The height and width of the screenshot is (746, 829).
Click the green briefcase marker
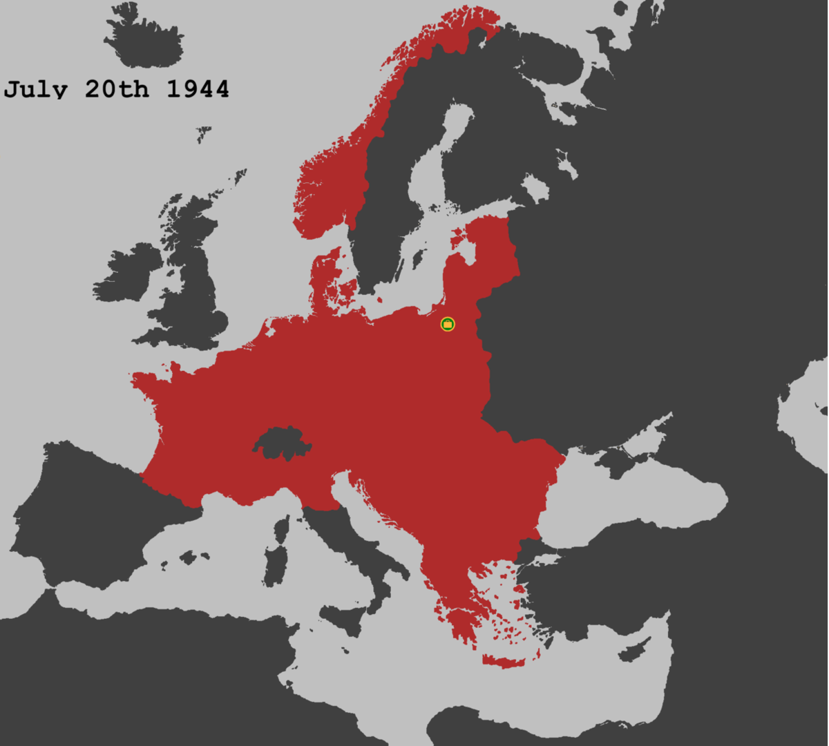tap(448, 324)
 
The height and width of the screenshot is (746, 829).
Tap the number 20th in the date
tap(116, 89)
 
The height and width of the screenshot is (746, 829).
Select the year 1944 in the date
tap(198, 89)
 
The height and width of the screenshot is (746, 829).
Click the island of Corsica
tap(282, 528)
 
